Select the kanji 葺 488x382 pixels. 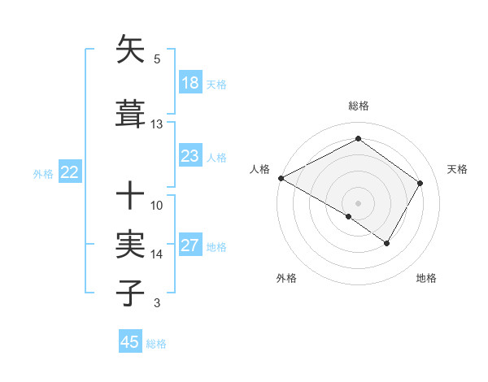coord(131,115)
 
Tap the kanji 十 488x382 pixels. coord(131,196)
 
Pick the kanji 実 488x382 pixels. coord(131,245)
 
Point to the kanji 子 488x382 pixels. coord(131,293)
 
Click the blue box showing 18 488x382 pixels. coord(190,83)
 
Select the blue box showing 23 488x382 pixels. coord(190,156)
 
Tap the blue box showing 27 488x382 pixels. coord(190,245)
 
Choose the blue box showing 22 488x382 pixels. coord(70,172)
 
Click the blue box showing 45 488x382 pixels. coord(130,342)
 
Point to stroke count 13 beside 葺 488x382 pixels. coord(157,124)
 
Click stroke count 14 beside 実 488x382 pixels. coord(157,254)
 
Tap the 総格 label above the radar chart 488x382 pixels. coord(358,106)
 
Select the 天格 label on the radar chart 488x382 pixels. coord(457,169)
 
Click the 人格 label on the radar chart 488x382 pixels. coord(259,169)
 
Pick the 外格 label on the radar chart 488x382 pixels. coord(286,279)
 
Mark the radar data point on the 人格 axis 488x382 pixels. coord(281,178)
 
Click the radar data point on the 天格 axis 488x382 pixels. coord(420,183)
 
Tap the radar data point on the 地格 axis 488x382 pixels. coord(387,243)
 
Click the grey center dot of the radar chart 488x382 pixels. coord(358,202)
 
